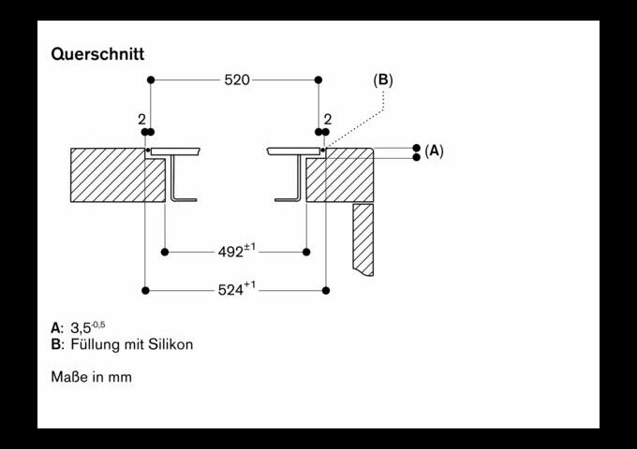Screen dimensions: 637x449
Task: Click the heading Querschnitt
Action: click(97, 54)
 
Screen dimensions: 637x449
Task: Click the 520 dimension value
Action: click(237, 80)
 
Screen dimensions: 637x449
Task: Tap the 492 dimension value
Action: click(231, 252)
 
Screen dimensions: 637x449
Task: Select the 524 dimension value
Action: click(230, 290)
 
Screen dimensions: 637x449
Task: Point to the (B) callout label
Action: click(383, 80)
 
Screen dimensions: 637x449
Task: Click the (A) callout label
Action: click(434, 151)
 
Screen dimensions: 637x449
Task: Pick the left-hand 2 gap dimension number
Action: click(141, 120)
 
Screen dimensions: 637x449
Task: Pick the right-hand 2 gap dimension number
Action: click(328, 119)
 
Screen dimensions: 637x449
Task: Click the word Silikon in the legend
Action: click(170, 344)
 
